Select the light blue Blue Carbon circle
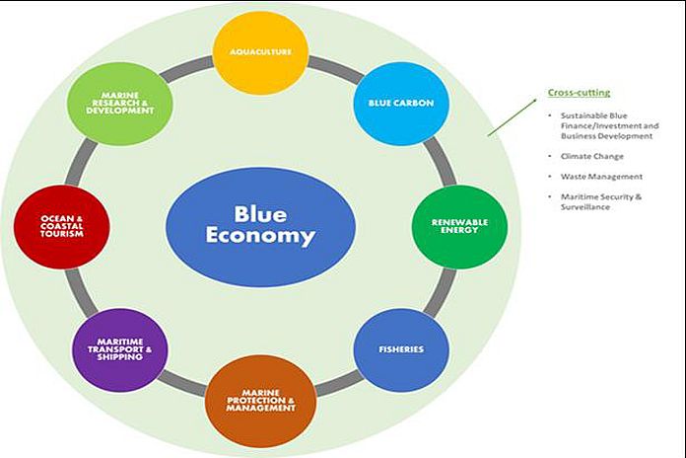pyautogui.click(x=394, y=104)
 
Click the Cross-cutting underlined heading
pyautogui.click(x=579, y=93)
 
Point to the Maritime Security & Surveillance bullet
pyautogui.click(x=595, y=201)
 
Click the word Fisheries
pyautogui.click(x=401, y=349)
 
